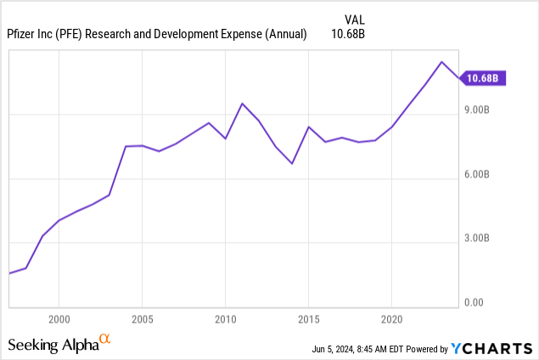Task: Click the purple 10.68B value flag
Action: pyautogui.click(x=482, y=78)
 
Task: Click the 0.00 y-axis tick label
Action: pyautogui.click(x=474, y=303)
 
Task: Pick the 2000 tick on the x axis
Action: pyautogui.click(x=59, y=322)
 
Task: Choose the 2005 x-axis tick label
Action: pyautogui.click(x=142, y=322)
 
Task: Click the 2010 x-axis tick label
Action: pyautogui.click(x=225, y=322)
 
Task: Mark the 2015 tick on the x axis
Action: pyautogui.click(x=308, y=322)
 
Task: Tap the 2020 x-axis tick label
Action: pyautogui.click(x=391, y=322)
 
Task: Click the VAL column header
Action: pyautogui.click(x=354, y=19)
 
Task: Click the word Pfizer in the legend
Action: pyautogui.click(x=24, y=34)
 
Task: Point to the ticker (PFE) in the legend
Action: pyautogui.click(x=74, y=34)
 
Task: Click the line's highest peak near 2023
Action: pyautogui.click(x=441, y=62)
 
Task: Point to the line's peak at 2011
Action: pyautogui.click(x=242, y=104)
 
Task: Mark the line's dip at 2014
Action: pyautogui.click(x=292, y=163)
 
